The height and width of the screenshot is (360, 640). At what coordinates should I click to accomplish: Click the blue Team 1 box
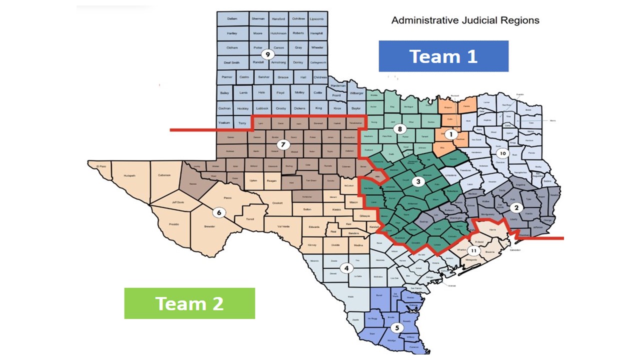coord(443,56)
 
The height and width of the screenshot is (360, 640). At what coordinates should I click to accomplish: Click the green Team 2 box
coord(189,303)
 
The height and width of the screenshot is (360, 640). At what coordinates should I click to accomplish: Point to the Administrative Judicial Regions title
coord(465,20)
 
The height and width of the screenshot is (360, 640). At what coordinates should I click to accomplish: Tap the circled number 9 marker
coord(267,54)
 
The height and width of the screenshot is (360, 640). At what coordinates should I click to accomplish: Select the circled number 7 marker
coord(283,144)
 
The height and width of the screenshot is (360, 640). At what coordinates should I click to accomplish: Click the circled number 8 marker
coord(400,128)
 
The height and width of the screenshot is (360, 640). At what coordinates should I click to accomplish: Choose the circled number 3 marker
coord(419,181)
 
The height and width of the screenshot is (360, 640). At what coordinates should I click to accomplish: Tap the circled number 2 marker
coord(517,207)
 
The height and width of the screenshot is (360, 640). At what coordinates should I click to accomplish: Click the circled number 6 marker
coord(219,212)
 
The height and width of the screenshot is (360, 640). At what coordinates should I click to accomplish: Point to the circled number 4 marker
coord(345,268)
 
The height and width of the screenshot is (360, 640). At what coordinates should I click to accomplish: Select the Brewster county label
coord(209,226)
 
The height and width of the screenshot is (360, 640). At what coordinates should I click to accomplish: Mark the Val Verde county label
coord(284,226)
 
